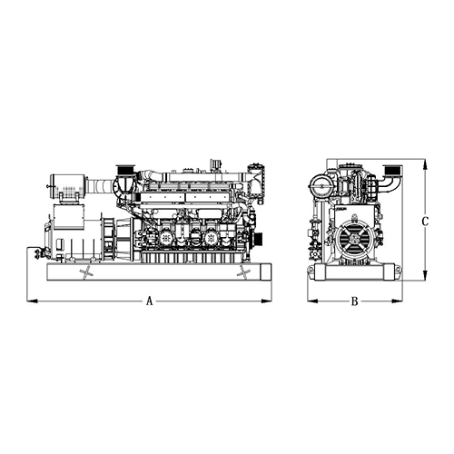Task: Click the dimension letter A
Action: coord(149,301)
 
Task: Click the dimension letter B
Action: coord(354,301)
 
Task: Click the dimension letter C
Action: coord(425,222)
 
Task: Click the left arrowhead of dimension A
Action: coord(32,301)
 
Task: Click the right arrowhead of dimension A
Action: coord(266,301)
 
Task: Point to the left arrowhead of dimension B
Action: coord(312,301)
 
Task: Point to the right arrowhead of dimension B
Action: coord(397,301)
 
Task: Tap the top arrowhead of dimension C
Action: coord(425,165)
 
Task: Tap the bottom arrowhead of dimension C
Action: coord(425,275)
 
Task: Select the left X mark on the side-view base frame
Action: coord(86,271)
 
